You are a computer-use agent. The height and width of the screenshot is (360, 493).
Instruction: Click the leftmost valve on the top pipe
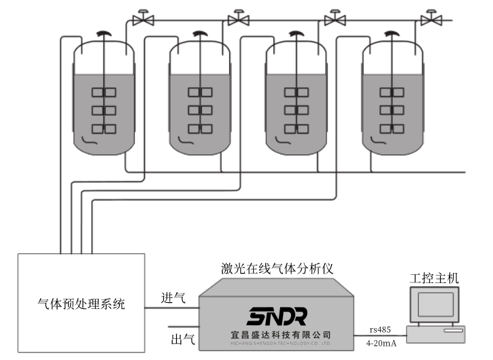(143, 19)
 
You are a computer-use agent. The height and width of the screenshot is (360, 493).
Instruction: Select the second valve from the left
(239, 19)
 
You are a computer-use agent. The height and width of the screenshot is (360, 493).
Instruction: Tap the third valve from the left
(335, 19)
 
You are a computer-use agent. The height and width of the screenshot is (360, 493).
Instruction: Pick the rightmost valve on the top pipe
(430, 19)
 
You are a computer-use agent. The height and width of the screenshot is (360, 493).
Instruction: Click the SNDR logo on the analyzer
(277, 316)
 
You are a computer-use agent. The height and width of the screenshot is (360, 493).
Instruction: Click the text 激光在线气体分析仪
(276, 269)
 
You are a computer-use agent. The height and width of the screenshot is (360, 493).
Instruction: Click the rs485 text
(380, 329)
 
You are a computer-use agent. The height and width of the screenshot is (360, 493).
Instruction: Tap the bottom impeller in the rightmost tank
(392, 129)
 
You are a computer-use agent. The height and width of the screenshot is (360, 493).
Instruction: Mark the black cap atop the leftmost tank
(103, 33)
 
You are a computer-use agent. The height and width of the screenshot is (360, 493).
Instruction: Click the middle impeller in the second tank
(200, 110)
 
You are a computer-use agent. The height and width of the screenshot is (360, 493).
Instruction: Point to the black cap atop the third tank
(296, 33)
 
